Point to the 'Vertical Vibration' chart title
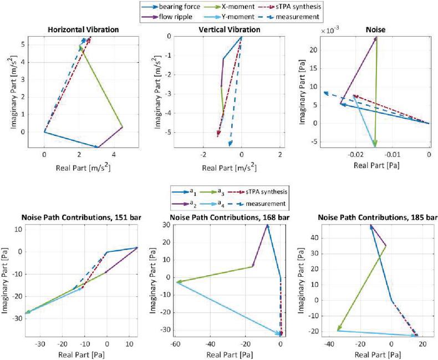pyautogui.click(x=226, y=29)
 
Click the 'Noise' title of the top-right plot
pyautogui.click(x=375, y=29)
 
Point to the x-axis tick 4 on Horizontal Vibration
pyautogui.click(x=113, y=155)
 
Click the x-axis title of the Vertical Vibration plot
pyautogui.click(x=226, y=165)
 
